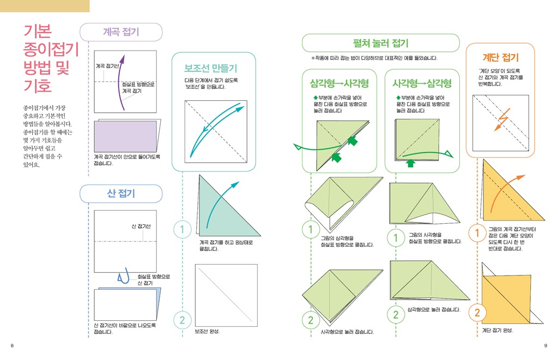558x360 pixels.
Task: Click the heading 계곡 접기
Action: (x=121, y=32)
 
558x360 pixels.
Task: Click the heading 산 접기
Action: (x=121, y=193)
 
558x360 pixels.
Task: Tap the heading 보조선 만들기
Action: (x=211, y=68)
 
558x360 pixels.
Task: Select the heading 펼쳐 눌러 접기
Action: (x=380, y=44)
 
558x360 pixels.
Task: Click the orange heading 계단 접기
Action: (x=501, y=57)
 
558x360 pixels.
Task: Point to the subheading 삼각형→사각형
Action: (x=339, y=83)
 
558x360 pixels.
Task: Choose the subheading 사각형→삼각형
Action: (x=422, y=83)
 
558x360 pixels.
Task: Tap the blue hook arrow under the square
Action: (x=123, y=276)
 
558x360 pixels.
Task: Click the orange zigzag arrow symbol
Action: (x=502, y=119)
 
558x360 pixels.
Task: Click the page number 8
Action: (x=12, y=345)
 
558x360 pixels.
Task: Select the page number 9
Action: (x=545, y=345)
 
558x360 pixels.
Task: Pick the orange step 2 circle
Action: (x=477, y=312)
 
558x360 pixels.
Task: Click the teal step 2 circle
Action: (x=182, y=320)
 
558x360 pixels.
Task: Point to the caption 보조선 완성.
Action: (x=207, y=332)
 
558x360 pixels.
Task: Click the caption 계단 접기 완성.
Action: (x=498, y=331)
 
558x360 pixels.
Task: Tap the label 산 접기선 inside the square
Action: (x=141, y=226)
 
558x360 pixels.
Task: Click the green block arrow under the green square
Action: (x=411, y=163)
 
